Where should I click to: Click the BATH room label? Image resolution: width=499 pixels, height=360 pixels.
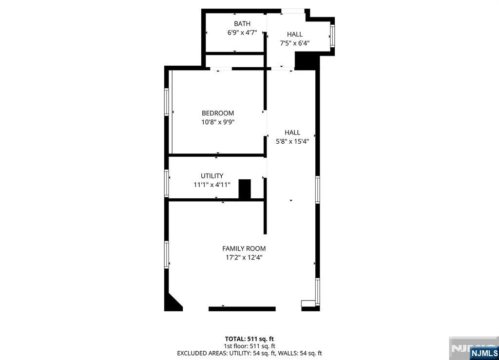click(x=242, y=23)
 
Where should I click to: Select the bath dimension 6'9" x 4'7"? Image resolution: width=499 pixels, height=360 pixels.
click(x=242, y=33)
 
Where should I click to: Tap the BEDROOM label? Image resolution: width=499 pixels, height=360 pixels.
click(x=218, y=113)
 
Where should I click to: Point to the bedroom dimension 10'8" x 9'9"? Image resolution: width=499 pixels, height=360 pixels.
click(x=218, y=122)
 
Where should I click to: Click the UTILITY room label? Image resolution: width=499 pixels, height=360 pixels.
click(x=212, y=176)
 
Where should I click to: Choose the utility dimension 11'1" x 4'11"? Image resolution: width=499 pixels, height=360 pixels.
click(x=212, y=185)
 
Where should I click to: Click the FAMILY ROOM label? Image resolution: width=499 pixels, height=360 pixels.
click(x=244, y=249)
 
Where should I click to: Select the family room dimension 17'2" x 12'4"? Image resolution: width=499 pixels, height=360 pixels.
click(x=244, y=258)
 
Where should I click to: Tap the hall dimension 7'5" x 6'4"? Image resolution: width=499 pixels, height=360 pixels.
click(x=295, y=43)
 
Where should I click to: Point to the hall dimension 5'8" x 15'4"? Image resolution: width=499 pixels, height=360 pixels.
click(x=292, y=142)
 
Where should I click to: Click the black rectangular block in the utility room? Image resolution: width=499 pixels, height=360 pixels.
click(x=245, y=189)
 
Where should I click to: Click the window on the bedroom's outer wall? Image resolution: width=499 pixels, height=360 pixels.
click(x=167, y=102)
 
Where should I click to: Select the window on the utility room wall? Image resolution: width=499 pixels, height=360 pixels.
click(x=167, y=183)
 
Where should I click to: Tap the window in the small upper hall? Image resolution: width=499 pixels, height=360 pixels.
click(x=332, y=36)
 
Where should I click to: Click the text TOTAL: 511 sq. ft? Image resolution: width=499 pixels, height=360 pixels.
click(x=249, y=339)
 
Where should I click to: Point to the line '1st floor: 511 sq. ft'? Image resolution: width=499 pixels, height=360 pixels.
click(x=249, y=346)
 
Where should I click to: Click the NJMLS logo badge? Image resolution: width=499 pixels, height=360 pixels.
click(x=484, y=353)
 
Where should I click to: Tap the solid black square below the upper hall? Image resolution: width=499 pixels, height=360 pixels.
click(x=306, y=60)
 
